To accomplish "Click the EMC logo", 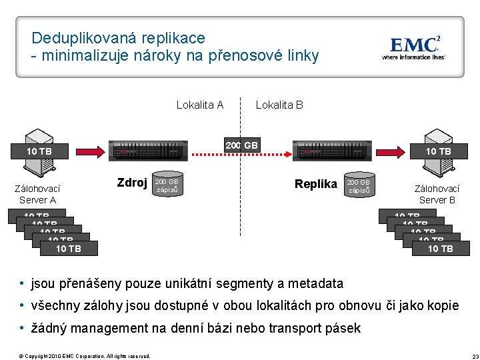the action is [413, 47].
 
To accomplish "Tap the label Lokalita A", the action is [199, 105].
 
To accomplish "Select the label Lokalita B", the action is [279, 105].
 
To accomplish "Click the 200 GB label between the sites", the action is [241, 145].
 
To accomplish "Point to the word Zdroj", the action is [132, 183].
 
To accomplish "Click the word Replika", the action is [316, 184].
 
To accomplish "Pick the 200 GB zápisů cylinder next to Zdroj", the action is [167, 185].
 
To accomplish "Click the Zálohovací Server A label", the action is [38, 194].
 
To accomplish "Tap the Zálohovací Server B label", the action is [437, 194].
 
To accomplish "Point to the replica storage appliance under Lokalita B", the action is [331, 151].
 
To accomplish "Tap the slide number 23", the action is [466, 356].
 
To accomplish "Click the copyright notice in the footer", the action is [85, 356].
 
